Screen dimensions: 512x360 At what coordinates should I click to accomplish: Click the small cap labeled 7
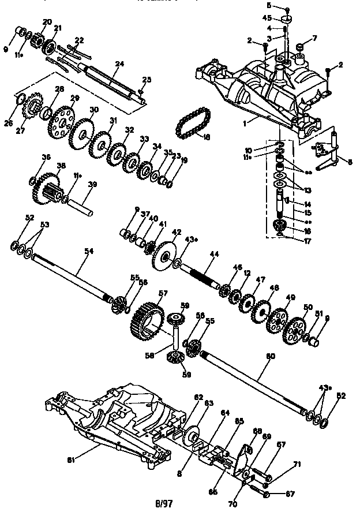300,47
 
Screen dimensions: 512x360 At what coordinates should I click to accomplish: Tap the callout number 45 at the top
267,17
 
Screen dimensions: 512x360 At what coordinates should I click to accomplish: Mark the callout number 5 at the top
268,5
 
